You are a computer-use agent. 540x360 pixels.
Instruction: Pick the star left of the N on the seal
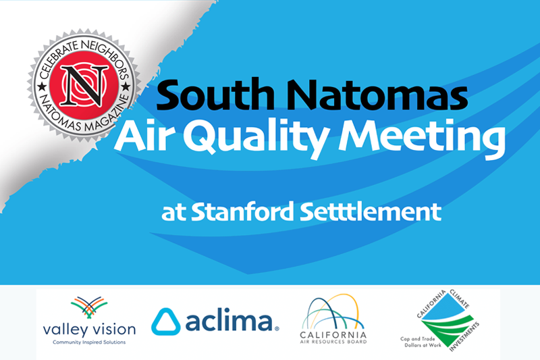pyautogui.click(x=42, y=86)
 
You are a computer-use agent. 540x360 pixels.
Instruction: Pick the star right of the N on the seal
pyautogui.click(x=126, y=86)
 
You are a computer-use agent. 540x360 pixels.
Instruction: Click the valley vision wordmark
pyautogui.click(x=89, y=330)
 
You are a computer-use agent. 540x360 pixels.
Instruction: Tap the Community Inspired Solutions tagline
pyautogui.click(x=89, y=342)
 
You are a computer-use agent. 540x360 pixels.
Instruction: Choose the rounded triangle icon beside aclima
pyautogui.click(x=166, y=322)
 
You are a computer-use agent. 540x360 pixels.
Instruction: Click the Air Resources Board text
pyautogui.click(x=333, y=342)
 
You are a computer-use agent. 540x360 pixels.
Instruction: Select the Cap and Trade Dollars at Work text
pyautogui.click(x=421, y=342)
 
